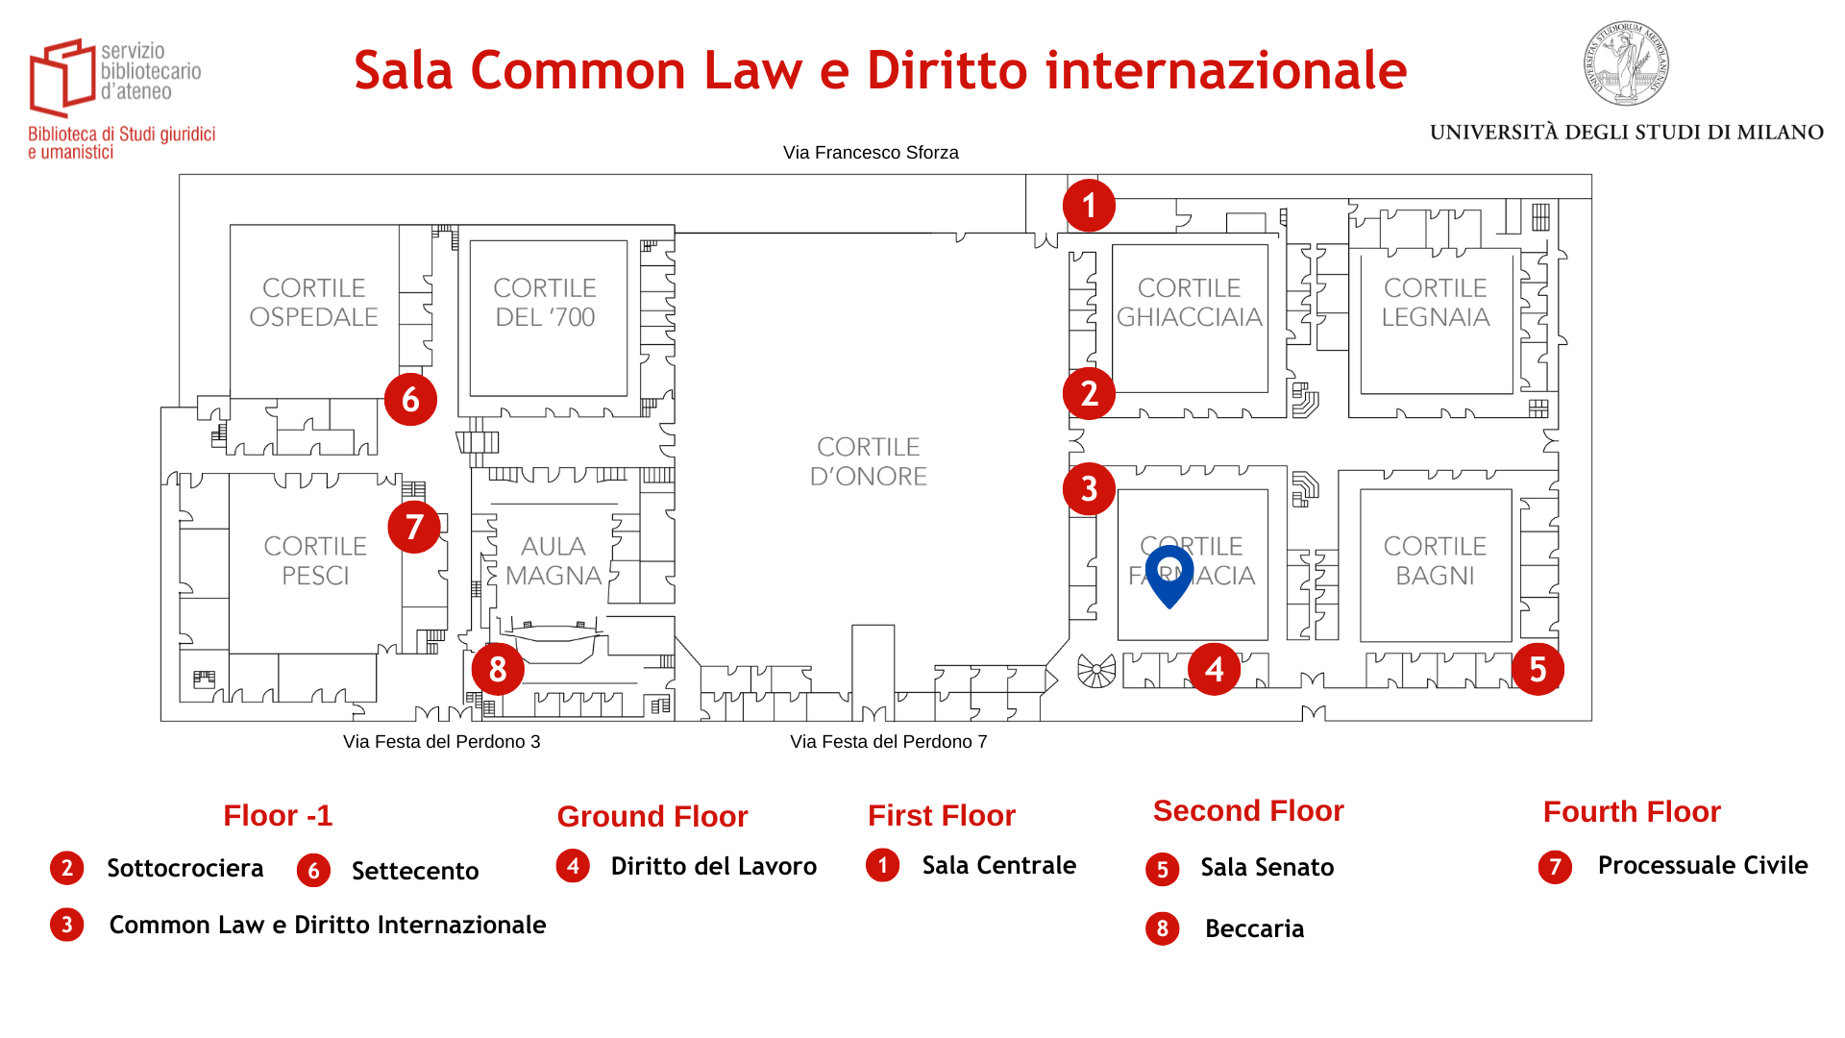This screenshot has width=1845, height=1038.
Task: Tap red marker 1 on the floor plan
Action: click(x=1089, y=206)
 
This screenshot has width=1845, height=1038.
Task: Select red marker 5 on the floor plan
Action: click(x=1537, y=669)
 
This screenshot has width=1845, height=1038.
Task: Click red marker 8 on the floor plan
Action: click(x=497, y=669)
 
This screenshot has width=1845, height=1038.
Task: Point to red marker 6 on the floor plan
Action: click(x=410, y=399)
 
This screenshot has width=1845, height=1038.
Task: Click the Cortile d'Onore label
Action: click(x=868, y=461)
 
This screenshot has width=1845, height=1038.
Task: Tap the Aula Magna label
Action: click(x=553, y=560)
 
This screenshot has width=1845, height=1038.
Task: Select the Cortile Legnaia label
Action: click(x=1435, y=302)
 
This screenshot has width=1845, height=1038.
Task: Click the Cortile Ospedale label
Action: click(x=314, y=302)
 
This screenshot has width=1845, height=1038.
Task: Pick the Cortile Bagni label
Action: click(x=1435, y=560)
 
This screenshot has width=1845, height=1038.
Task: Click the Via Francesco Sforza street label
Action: click(x=871, y=153)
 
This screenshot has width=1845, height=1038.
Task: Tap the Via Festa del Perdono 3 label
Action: click(x=441, y=742)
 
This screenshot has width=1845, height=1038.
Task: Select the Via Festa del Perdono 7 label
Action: click(x=888, y=742)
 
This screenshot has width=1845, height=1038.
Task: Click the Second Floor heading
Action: click(x=1247, y=811)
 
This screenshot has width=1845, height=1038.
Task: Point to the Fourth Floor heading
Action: click(x=1631, y=812)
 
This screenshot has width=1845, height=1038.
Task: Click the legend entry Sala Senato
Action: click(x=1267, y=868)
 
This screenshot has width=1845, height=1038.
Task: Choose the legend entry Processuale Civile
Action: click(x=1702, y=866)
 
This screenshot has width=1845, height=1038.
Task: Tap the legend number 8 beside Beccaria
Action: click(x=1162, y=928)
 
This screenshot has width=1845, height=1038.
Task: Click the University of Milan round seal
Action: click(x=1626, y=63)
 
